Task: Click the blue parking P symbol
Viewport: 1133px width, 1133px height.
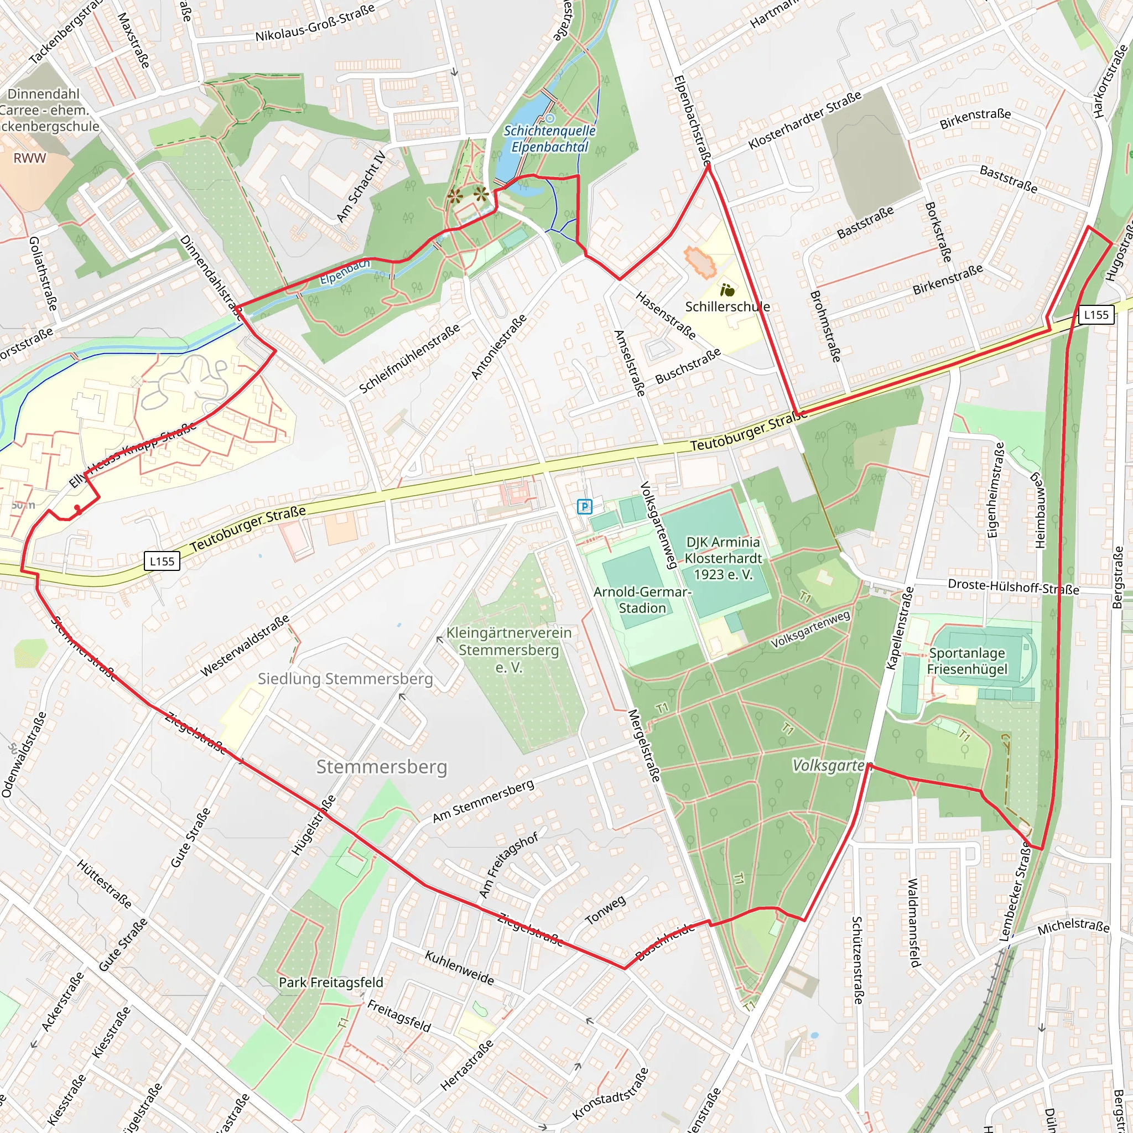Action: pos(584,507)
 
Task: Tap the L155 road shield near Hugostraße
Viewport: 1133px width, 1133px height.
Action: pos(1095,315)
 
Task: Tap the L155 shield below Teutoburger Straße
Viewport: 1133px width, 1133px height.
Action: pos(162,561)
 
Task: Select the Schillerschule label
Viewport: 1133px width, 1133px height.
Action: pos(727,306)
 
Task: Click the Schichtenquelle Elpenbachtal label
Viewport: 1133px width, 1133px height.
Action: pos(549,139)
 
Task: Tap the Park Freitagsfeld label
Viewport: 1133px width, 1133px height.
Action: pos(331,983)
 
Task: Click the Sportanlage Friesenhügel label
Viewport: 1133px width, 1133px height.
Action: pos(967,661)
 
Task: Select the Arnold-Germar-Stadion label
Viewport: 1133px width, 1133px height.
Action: pos(642,600)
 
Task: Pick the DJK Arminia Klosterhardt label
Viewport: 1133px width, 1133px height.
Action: pos(723,558)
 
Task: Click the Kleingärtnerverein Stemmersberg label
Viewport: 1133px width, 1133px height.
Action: pos(508,650)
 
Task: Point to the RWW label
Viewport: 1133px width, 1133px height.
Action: pos(30,158)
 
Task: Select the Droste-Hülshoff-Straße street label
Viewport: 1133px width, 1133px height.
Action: pos(1014,586)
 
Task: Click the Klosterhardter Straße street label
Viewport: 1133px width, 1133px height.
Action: pos(804,120)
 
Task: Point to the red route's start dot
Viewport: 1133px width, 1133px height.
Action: pos(77,508)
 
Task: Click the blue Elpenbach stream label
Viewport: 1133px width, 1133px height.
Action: pos(345,272)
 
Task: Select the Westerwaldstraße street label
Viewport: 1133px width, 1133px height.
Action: pos(245,646)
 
